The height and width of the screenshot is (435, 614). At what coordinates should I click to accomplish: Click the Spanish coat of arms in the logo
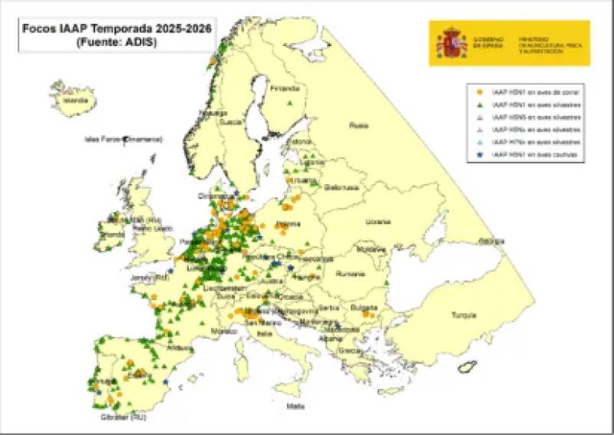coord(451,42)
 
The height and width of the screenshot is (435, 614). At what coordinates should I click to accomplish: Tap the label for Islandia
coord(75,100)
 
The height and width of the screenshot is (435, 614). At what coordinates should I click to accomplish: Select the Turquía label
coord(463,315)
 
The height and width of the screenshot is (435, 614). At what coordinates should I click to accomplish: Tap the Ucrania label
coord(378,222)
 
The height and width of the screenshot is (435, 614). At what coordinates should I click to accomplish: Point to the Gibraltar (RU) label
coord(123,417)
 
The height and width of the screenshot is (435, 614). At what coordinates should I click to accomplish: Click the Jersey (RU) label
coord(150,278)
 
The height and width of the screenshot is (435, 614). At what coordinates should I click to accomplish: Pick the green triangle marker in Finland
coord(289,103)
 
